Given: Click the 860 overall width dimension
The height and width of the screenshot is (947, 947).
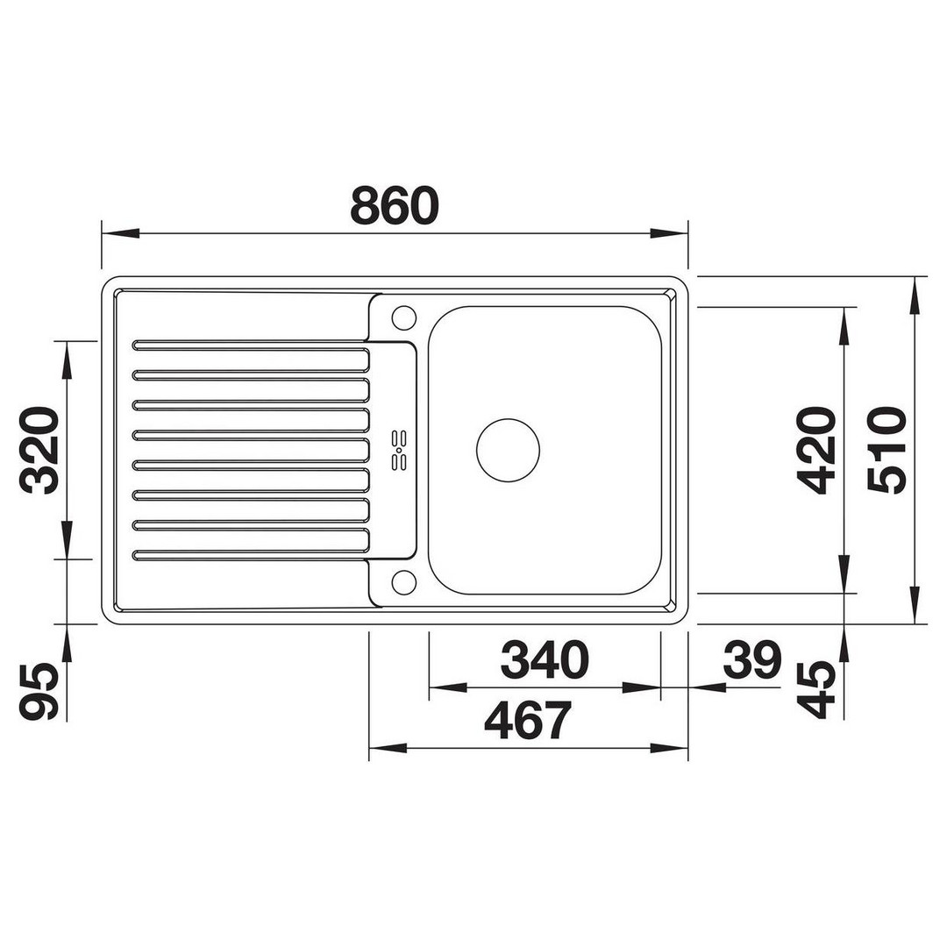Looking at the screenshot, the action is [x=395, y=206].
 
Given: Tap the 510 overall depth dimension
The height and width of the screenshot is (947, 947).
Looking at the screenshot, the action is [x=887, y=450].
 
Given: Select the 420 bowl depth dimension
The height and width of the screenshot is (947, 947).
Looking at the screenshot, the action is [x=816, y=450].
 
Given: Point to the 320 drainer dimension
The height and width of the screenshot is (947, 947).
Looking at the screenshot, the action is [x=39, y=450].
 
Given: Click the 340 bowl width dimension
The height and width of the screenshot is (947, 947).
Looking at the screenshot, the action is [x=545, y=660].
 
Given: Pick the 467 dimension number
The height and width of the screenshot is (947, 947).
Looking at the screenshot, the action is [x=528, y=721].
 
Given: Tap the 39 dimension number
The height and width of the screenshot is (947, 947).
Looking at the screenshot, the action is [x=752, y=660].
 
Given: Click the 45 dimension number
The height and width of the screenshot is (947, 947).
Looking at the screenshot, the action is [x=816, y=689].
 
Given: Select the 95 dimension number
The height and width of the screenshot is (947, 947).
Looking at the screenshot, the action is [x=39, y=692].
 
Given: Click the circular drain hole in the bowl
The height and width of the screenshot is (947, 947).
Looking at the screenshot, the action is [x=508, y=450].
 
